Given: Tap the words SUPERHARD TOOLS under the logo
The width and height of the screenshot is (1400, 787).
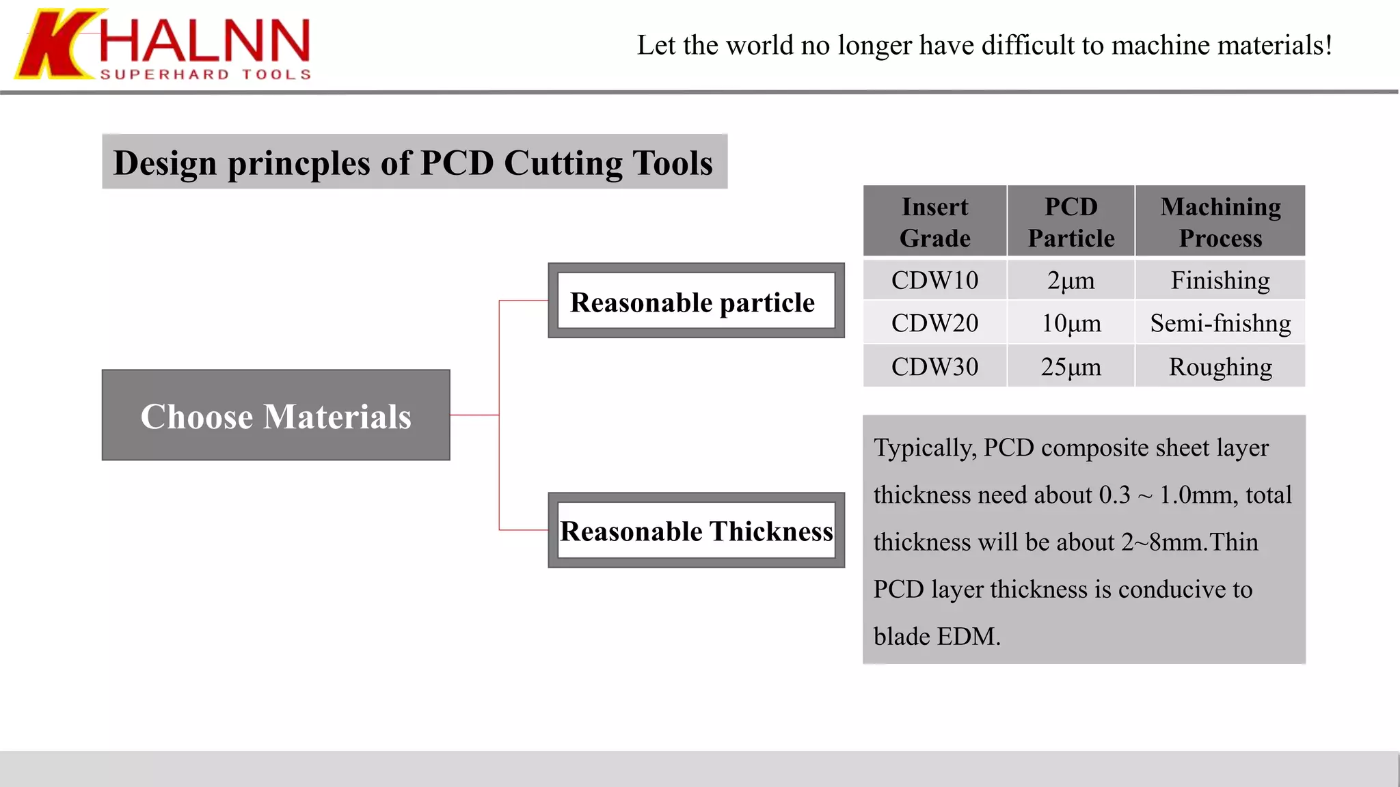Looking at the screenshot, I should click(x=206, y=74).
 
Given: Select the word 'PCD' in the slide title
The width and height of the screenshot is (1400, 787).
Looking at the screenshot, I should click(x=457, y=163).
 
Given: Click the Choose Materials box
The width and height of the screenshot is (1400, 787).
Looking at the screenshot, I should click(x=275, y=415).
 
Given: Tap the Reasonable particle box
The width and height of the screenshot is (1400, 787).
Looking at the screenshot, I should click(x=696, y=301).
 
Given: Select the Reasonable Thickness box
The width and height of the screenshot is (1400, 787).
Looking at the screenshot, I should click(x=696, y=531).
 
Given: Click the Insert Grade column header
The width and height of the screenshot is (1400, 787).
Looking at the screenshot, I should click(x=934, y=221).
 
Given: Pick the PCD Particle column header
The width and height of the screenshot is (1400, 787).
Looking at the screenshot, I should click(x=1071, y=221).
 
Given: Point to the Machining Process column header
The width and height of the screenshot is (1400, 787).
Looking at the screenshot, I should click(x=1220, y=221).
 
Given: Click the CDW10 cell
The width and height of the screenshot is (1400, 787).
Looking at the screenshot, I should click(x=934, y=280).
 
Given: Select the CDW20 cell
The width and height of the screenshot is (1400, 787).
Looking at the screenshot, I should click(x=934, y=323).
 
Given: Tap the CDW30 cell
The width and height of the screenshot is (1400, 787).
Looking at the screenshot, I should click(x=934, y=367).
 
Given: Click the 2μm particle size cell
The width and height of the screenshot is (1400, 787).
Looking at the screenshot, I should click(x=1071, y=280).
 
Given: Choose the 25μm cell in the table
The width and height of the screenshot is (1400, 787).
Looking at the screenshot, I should click(x=1071, y=367).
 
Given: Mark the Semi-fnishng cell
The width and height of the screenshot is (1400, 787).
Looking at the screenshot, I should click(x=1220, y=323).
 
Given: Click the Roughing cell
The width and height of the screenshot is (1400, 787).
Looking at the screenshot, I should click(x=1220, y=367).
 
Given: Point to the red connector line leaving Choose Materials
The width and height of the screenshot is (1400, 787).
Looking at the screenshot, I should click(x=474, y=415).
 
